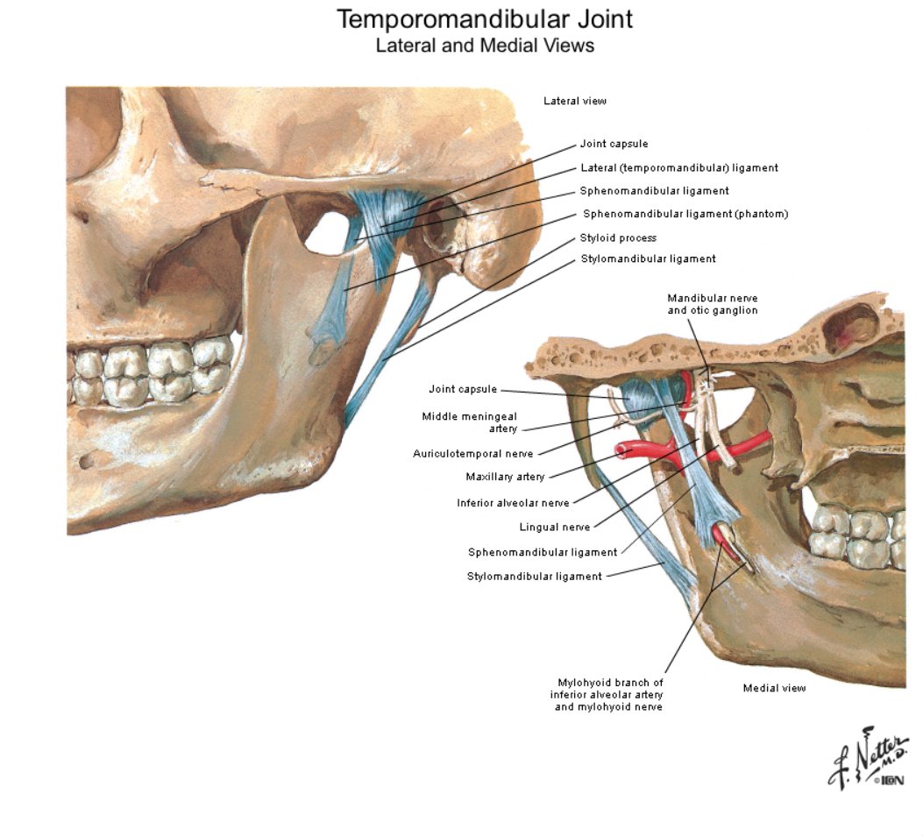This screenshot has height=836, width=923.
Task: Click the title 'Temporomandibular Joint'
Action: click(485, 19)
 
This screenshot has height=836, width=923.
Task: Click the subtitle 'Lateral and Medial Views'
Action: click(485, 46)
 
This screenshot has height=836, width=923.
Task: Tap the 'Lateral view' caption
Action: click(574, 101)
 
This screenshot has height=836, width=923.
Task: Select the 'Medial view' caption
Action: click(774, 688)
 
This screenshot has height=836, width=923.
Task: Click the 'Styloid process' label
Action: click(618, 237)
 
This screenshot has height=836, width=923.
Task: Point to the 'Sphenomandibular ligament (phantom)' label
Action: click(685, 214)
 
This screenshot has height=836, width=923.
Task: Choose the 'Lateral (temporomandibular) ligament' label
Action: click(679, 167)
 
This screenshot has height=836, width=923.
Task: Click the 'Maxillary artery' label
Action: click(505, 477)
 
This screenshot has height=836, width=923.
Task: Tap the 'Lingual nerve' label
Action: click(555, 528)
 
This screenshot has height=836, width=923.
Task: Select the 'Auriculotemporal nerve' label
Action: click(472, 454)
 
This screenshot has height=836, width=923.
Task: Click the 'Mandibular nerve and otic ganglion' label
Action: click(713, 304)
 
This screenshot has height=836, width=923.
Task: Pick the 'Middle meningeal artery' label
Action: click(470, 422)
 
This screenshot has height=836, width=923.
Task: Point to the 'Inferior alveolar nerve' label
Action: click(513, 503)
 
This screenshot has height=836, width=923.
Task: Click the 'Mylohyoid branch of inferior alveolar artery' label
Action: click(607, 688)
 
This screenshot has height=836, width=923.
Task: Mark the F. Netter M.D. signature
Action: click(865, 759)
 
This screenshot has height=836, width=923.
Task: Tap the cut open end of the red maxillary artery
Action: click(621, 450)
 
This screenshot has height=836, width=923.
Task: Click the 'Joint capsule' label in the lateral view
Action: click(614, 144)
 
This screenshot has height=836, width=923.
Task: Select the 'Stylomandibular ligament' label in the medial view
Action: click(535, 577)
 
